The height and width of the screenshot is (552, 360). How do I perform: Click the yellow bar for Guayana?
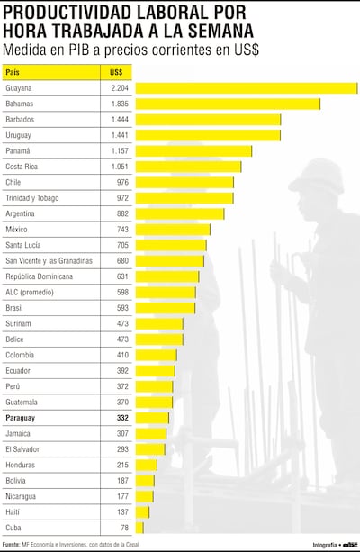point(247,88)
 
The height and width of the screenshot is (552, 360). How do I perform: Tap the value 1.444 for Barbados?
point(119,120)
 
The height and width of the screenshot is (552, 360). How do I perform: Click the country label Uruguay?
point(20,135)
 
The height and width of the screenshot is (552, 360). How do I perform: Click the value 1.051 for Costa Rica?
point(119,167)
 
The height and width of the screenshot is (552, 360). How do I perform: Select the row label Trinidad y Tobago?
point(32,198)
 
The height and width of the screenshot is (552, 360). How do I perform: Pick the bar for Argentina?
point(179,213)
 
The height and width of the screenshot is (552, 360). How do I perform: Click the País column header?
point(13,71)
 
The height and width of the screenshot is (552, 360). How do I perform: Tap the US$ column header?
point(116,71)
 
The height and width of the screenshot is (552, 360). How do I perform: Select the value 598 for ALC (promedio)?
point(121,292)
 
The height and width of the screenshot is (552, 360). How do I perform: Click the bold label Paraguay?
point(22,418)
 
